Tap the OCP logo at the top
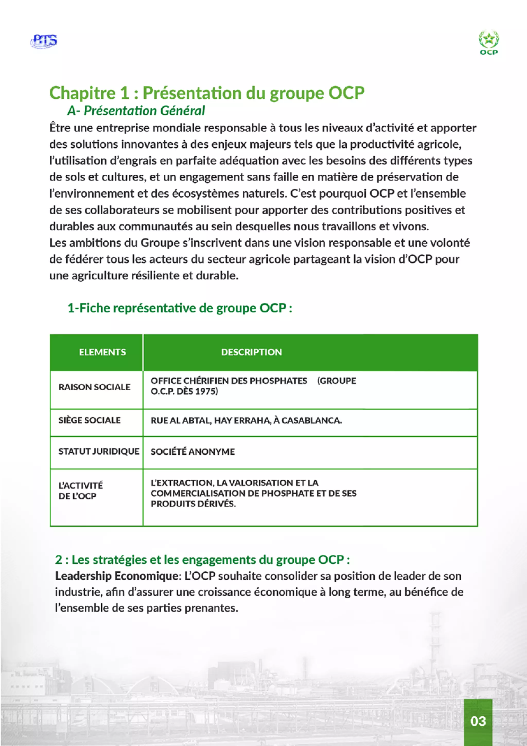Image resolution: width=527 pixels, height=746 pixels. click(489, 43)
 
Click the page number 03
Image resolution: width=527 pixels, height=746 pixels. click(478, 721)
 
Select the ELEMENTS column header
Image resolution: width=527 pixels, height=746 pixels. click(102, 352)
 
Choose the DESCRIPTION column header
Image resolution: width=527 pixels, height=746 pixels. click(251, 352)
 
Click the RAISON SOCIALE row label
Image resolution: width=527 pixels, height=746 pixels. click(94, 387)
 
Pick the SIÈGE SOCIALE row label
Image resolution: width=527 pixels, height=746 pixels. click(90, 420)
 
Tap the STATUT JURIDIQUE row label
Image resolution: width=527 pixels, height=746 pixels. click(99, 451)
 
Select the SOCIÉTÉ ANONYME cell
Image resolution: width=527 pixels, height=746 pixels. click(192, 452)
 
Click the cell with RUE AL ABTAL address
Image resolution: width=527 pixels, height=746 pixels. click(246, 420)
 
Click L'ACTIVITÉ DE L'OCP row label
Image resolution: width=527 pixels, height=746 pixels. click(81, 491)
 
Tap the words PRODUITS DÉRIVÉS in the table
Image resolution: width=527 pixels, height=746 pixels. click(193, 504)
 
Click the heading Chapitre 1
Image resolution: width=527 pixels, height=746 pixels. click(207, 93)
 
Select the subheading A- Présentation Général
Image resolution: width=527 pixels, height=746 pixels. click(136, 111)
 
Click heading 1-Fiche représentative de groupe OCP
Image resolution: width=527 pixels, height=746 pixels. click(179, 308)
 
